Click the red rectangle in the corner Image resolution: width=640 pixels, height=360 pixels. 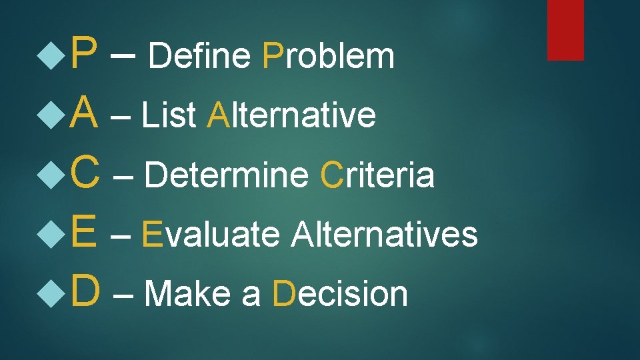coord(565,29)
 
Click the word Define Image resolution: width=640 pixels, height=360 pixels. coord(199,56)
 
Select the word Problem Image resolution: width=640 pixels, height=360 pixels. coord(329,56)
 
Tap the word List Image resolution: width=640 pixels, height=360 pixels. coord(170,115)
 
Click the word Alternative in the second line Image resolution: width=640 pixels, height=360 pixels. coord(291,115)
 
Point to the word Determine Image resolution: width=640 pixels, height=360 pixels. coord(226,175)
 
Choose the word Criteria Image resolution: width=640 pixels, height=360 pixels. coord(377,175)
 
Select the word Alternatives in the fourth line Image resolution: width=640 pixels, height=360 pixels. coord(385,234)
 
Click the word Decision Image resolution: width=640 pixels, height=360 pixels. coord(340,293)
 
